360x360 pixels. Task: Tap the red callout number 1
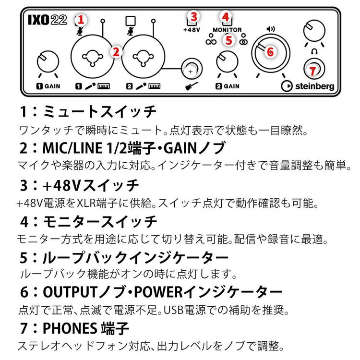[x=81, y=20]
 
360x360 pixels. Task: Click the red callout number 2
[x=115, y=52]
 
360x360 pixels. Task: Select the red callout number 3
[x=193, y=16]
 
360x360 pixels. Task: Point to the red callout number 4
[x=225, y=16]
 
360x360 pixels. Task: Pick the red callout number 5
[x=228, y=40]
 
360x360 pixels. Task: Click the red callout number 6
[x=270, y=52]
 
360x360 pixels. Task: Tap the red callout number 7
[x=313, y=71]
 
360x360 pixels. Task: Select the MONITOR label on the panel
[x=227, y=30]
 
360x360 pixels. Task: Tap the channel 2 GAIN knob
[x=226, y=61]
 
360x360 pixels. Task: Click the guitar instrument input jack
[x=192, y=70]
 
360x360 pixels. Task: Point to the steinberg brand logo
[x=307, y=87]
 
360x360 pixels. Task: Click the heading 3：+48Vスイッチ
[x=79, y=184]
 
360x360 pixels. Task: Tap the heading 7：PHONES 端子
[x=74, y=328]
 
